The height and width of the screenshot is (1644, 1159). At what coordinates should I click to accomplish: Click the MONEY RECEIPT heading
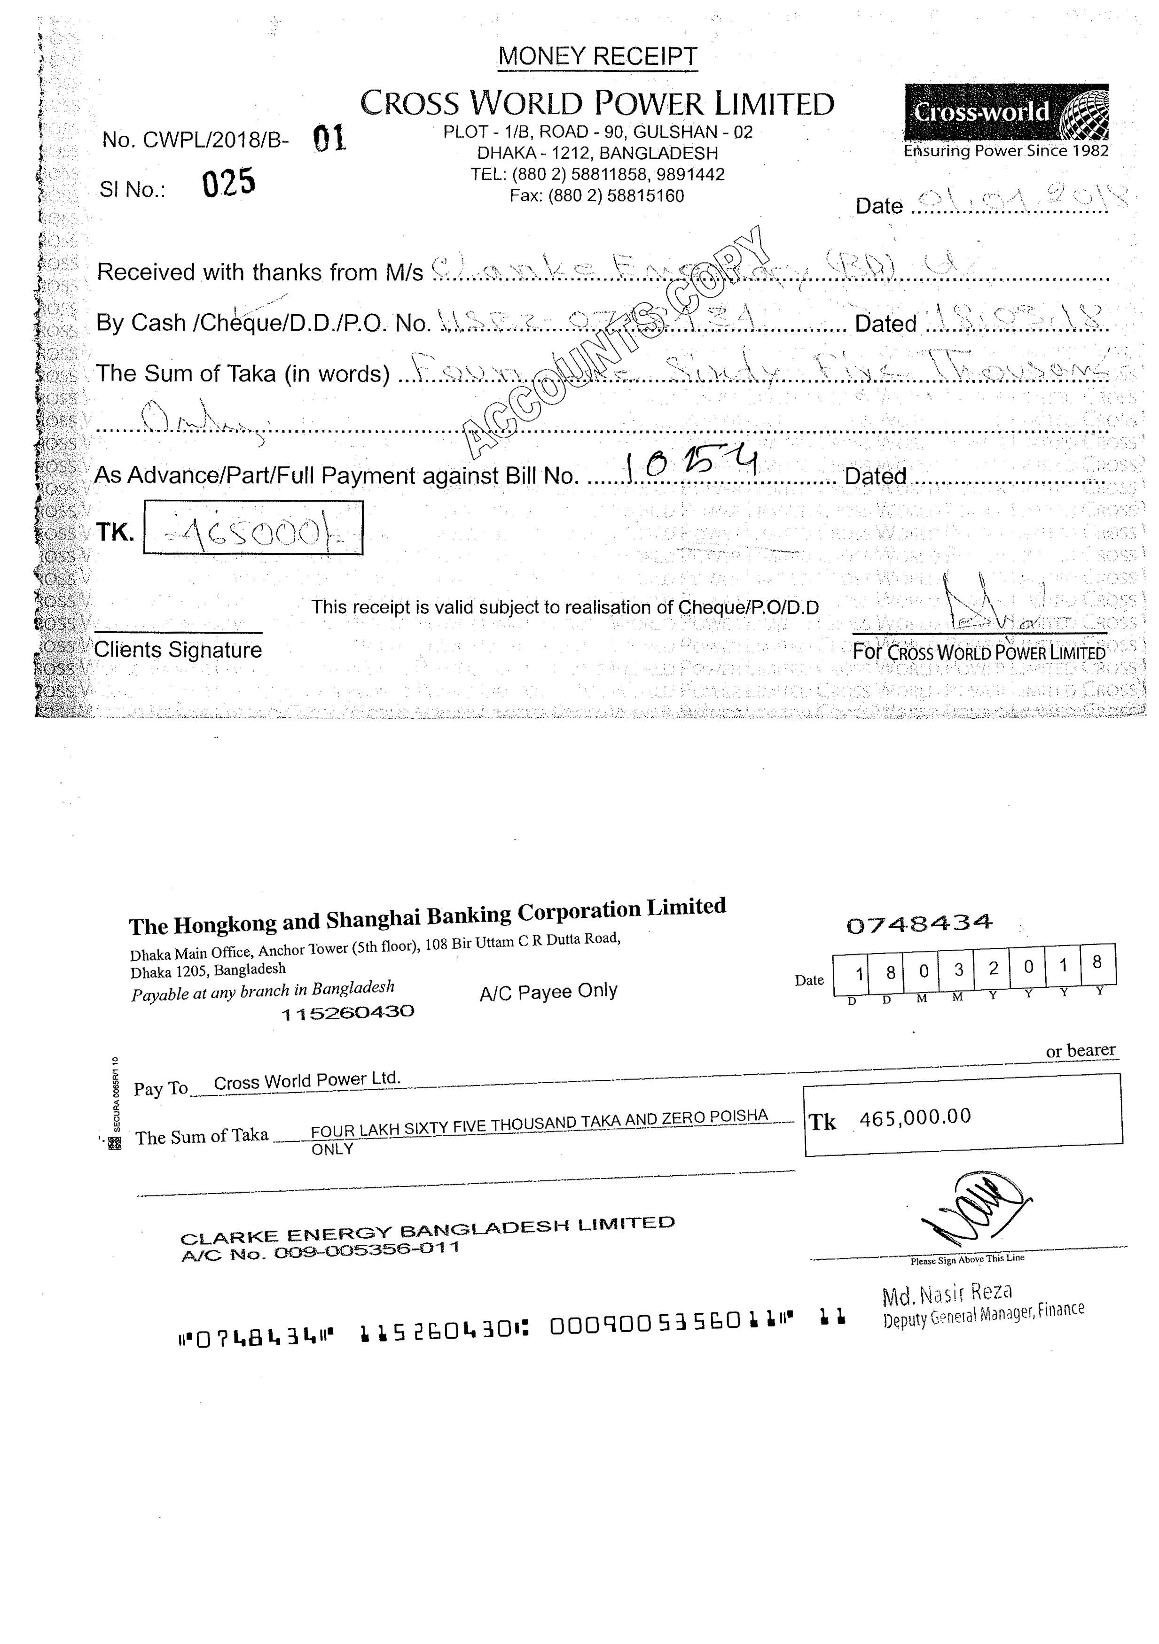pos(597,56)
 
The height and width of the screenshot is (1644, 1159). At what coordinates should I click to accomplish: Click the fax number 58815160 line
pos(597,195)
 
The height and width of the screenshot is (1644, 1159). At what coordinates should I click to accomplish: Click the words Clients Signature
pos(178,650)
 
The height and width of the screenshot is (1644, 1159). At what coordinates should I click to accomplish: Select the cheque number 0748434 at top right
pos(919,923)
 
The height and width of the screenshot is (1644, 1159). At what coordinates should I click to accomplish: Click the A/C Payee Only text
pos(548,992)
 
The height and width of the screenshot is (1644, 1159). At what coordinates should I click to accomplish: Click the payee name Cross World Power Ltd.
pos(306,1080)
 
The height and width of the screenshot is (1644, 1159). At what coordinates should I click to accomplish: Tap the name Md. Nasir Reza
pos(947,1293)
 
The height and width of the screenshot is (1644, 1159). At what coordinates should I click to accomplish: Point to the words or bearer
pos(1080,1050)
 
